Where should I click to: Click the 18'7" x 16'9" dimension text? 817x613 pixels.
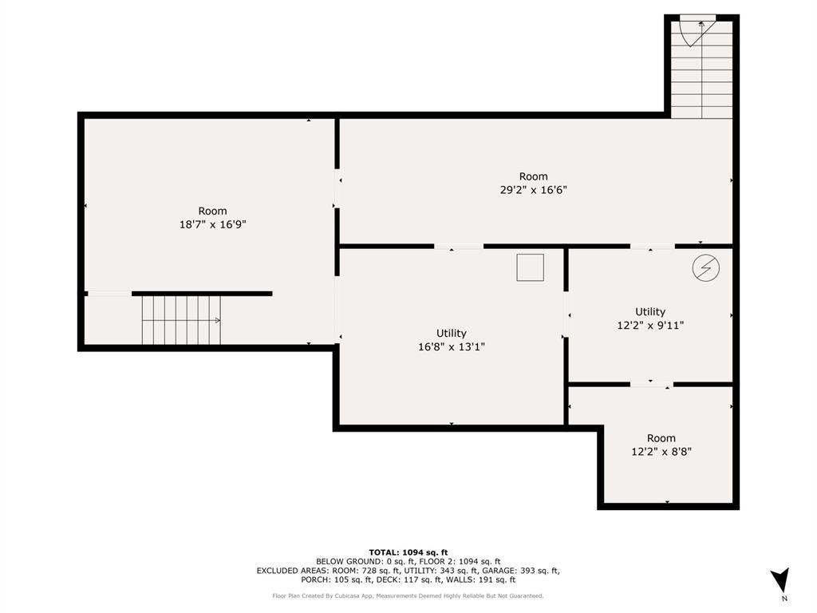(212, 224)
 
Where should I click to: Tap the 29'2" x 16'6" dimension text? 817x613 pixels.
(533, 190)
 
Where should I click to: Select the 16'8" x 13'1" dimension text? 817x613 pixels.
(452, 346)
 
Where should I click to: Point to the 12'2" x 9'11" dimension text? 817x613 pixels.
(650, 326)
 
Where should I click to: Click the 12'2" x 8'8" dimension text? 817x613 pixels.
(661, 452)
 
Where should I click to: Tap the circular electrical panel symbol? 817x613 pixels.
(706, 268)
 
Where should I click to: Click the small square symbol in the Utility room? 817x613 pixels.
(531, 267)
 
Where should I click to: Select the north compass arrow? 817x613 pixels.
(780, 579)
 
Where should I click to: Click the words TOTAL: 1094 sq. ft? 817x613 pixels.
(408, 552)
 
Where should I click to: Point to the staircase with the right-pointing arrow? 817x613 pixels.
(181, 320)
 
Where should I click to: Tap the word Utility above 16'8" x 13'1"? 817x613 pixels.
(452, 333)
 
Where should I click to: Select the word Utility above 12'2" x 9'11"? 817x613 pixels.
(650, 312)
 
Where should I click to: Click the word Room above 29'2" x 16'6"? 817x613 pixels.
(533, 176)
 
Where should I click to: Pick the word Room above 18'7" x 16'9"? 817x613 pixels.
(212, 211)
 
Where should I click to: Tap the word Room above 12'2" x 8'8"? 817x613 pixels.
(661, 438)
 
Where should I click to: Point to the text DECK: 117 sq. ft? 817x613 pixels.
(405, 579)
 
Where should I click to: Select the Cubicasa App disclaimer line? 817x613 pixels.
(408, 595)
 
